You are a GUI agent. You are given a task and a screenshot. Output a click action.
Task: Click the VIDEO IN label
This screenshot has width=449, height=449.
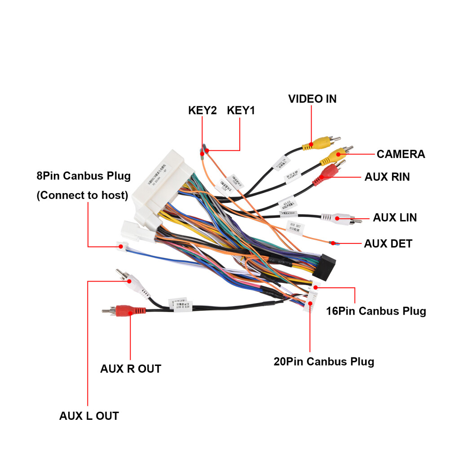tap(312, 99)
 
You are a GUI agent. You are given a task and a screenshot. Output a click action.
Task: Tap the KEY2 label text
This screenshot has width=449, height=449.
tap(202, 110)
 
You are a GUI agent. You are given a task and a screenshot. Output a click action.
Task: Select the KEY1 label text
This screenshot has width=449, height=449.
tap(241, 110)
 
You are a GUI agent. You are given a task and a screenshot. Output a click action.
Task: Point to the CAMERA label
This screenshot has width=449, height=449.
tap(401, 154)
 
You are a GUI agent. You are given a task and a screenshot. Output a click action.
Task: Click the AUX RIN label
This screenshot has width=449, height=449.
tap(387, 177)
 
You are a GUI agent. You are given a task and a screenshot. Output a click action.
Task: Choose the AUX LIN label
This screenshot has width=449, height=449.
tap(395, 218)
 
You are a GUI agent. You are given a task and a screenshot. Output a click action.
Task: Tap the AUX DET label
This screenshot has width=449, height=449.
tap(388, 244)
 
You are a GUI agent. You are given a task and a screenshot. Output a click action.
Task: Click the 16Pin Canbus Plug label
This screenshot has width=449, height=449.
tap(376, 311)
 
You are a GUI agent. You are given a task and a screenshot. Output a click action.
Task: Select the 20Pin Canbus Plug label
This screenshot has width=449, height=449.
tap(324, 361)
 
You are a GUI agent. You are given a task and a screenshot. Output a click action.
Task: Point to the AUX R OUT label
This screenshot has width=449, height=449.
tap(130, 369)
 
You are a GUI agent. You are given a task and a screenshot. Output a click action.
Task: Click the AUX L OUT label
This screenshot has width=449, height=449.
tap(89, 416)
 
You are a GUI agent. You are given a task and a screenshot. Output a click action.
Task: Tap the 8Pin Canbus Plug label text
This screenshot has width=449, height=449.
tap(84, 176)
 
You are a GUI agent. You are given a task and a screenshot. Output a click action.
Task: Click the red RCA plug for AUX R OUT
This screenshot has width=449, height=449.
tap(127, 310)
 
